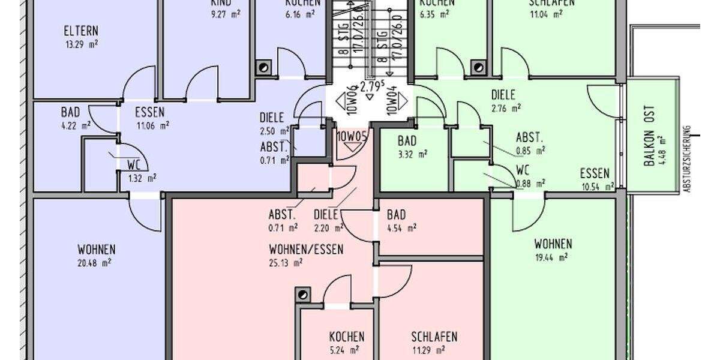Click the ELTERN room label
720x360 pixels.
tap(80, 31)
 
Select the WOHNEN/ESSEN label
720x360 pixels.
tap(306, 250)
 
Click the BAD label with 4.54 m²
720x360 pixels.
tap(396, 215)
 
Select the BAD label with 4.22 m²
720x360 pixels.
tap(70, 112)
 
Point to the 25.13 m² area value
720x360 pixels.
tap(286, 262)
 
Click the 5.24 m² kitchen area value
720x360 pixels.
tap(344, 350)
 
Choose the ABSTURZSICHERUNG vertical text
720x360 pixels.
tap(688, 158)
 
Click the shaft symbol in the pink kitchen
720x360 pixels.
tap(303, 295)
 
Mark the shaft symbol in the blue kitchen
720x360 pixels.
tap(263, 67)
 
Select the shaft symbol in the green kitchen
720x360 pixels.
tap(478, 67)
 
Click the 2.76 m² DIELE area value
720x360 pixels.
tap(506, 108)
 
